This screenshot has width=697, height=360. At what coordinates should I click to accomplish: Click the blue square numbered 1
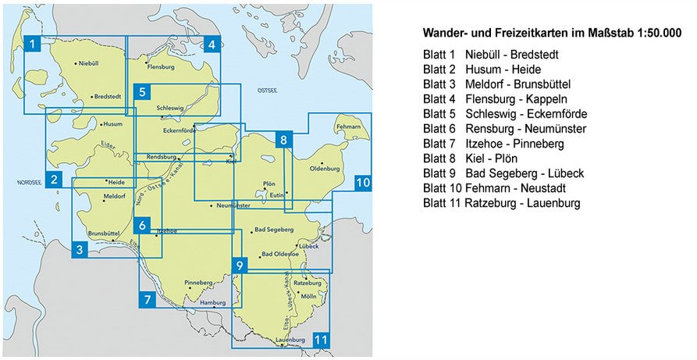pyautogui.click(x=31, y=44)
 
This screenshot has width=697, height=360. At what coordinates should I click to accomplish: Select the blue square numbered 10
pyautogui.click(x=362, y=183)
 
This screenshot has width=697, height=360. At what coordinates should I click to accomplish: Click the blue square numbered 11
pyautogui.click(x=321, y=340)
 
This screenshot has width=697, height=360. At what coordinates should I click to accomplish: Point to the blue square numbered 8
pyautogui.click(x=284, y=141)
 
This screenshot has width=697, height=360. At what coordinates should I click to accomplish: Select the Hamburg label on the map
pyautogui.click(x=212, y=301)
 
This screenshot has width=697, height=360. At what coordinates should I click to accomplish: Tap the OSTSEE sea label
pyautogui.click(x=268, y=91)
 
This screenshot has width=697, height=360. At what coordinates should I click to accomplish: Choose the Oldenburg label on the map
pyautogui.click(x=326, y=168)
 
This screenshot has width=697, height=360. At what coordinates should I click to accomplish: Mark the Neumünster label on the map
pyautogui.click(x=233, y=205)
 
